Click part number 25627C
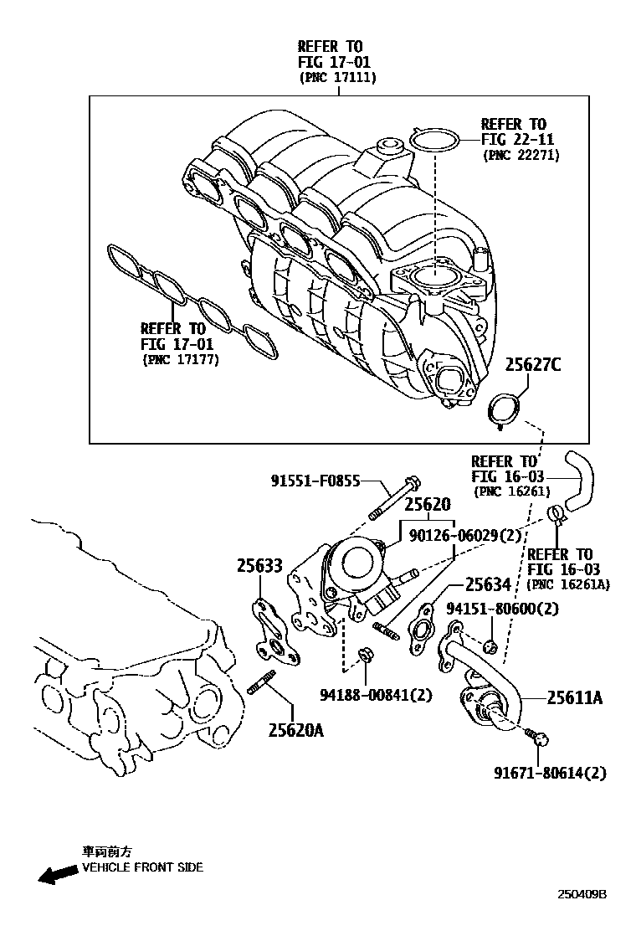tap(534, 365)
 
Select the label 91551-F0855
tap(315, 481)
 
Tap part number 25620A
tap(295, 730)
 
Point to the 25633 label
tap(259, 567)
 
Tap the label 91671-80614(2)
tap(549, 772)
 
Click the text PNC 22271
tap(521, 155)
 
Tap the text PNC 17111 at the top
tap(338, 78)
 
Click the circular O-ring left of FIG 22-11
tap(435, 141)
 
